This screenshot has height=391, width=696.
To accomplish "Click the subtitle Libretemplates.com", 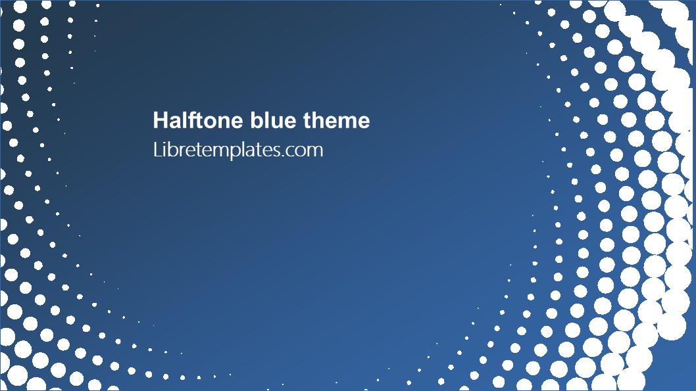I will click(x=237, y=150).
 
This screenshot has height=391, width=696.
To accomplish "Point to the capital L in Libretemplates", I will click(x=157, y=150).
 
